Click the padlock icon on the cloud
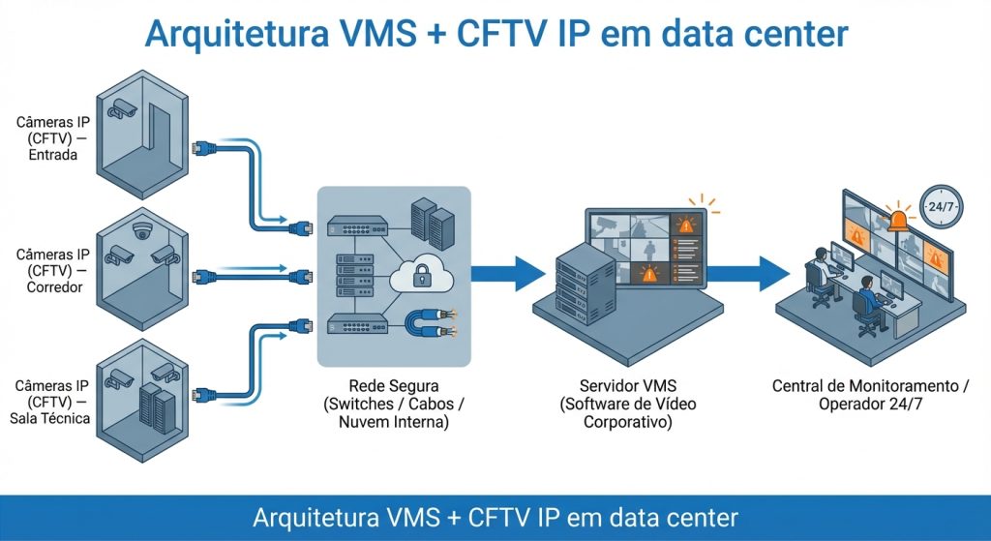[421, 278]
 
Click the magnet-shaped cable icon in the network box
[430, 322]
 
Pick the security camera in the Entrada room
[123, 107]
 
